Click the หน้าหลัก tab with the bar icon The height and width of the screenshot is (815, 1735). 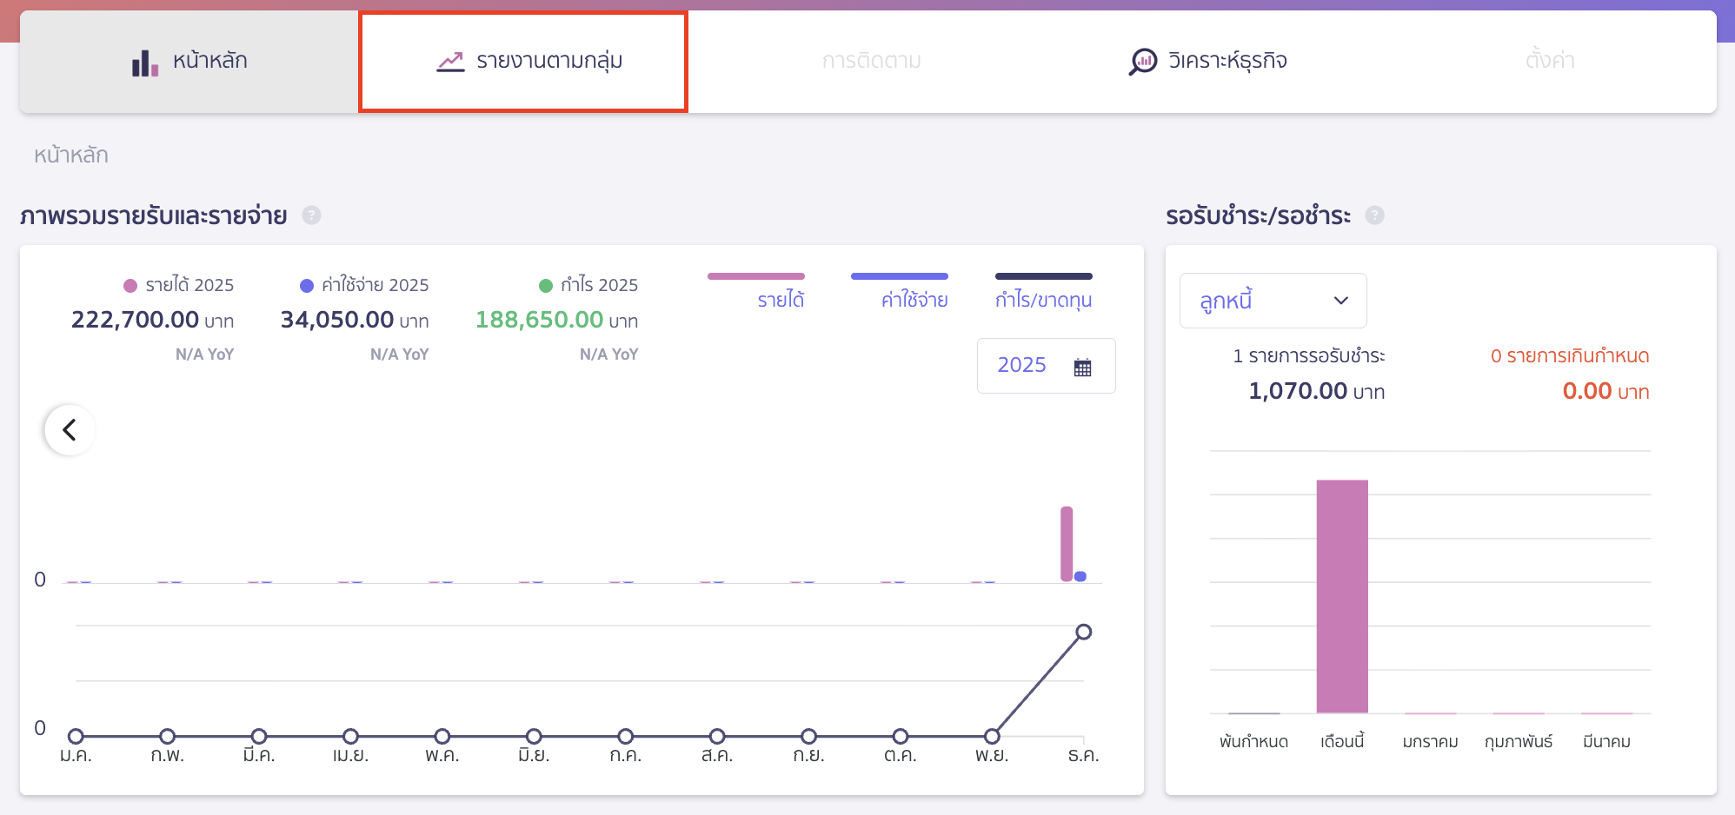[x=189, y=62]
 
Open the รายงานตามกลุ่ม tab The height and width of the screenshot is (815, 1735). [x=523, y=62]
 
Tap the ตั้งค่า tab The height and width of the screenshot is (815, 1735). [x=1549, y=62]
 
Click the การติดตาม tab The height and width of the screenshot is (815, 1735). [x=871, y=62]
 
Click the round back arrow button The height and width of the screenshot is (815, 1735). [x=70, y=430]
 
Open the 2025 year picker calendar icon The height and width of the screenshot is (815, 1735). [x=1082, y=367]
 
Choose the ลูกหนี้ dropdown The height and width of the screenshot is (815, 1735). [x=1273, y=301]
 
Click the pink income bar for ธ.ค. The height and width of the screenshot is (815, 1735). [x=1067, y=544]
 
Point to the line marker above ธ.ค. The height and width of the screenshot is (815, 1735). [x=1083, y=632]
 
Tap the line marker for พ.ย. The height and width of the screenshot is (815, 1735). [x=992, y=736]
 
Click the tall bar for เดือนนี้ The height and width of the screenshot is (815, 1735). [x=1342, y=596]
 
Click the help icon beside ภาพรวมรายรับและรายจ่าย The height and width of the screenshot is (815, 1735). [x=311, y=215]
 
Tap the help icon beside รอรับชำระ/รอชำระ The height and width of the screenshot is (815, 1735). [x=1374, y=215]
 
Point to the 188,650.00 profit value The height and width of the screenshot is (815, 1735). [x=539, y=320]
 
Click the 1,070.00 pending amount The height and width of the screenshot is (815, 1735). [x=1298, y=391]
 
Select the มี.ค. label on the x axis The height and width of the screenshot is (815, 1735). [x=259, y=755]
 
